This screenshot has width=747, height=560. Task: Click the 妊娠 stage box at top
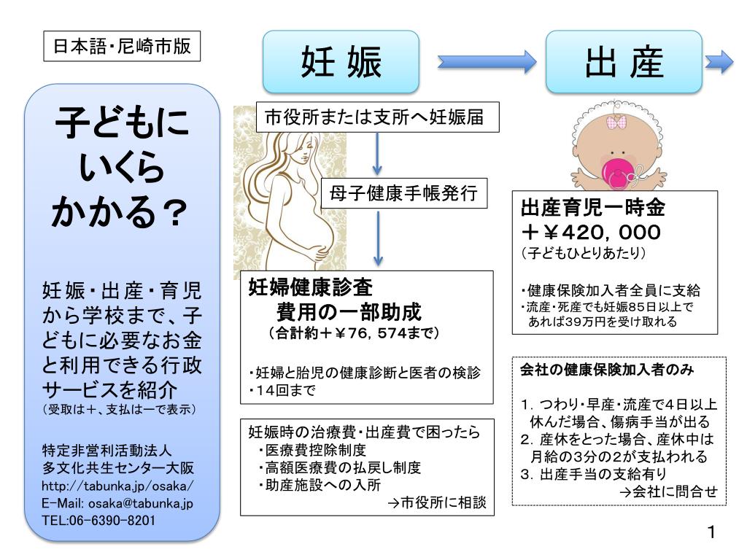(341, 62)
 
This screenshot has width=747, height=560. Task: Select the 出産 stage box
(624, 62)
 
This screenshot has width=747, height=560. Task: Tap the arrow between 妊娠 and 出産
(486, 63)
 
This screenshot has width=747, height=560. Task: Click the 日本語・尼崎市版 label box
(122, 47)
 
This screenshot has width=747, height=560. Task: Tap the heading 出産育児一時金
(592, 209)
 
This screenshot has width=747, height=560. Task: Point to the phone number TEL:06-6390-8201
(98, 521)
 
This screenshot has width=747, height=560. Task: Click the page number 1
(712, 532)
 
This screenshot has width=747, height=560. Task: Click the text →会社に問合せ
(668, 492)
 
